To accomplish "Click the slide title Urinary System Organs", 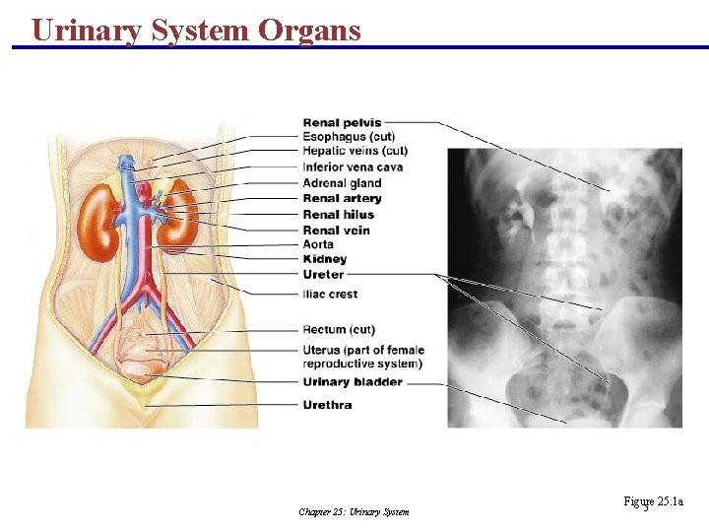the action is pos(196,30).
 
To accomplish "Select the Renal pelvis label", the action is pos(342,123).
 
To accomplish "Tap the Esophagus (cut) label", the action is pos(349,137).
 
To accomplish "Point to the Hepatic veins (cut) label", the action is pos(354,151).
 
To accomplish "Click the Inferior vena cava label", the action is pos(353,167).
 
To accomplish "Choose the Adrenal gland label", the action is pos(342,183).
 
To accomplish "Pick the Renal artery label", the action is pos(342,199).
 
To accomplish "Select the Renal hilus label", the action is pos(338,214).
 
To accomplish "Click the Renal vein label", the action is pos(336,230).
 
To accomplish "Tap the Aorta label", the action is pos(318,244).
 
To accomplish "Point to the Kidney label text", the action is pos(324,259).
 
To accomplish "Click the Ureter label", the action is pos(323,275).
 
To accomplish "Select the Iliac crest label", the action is pos(330,294).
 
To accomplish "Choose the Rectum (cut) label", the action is pos(339,329).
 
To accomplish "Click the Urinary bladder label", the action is pos(353,382).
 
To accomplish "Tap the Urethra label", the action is pos(328,404).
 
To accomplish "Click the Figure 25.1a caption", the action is pos(653,502).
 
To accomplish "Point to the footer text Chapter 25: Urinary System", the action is pos(354,511).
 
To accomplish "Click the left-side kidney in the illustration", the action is pos(97,224).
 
